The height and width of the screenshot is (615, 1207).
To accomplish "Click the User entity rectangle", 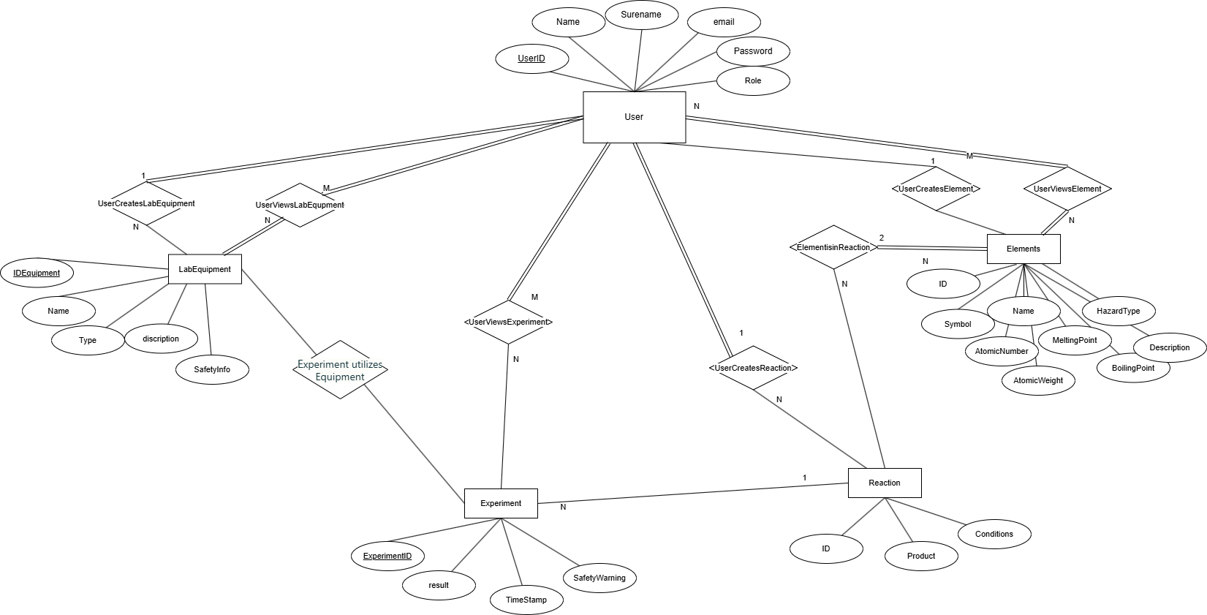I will [x=634, y=117].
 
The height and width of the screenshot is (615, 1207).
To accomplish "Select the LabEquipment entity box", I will [x=205, y=269].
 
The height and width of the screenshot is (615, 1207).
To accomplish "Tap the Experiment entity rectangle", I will [x=501, y=503].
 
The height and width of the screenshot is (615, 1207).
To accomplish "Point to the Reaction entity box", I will [x=885, y=483].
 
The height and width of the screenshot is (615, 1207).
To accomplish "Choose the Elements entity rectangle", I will [x=1024, y=249].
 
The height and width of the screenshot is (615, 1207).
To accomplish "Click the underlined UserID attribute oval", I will [x=531, y=59].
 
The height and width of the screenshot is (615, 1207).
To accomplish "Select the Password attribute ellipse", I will [x=753, y=51].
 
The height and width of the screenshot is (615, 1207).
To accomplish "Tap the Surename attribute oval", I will [x=641, y=15].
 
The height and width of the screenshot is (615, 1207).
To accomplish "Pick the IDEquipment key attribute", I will [x=37, y=273].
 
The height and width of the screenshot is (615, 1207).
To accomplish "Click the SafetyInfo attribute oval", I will [x=212, y=369].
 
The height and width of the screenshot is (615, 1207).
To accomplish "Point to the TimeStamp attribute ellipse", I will [x=526, y=600].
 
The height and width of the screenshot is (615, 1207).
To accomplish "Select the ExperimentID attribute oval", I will [x=387, y=556].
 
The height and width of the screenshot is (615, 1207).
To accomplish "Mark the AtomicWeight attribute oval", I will [x=1038, y=380].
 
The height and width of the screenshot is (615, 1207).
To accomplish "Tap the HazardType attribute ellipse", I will [x=1119, y=311].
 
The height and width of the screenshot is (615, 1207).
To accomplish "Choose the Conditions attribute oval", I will [x=994, y=534].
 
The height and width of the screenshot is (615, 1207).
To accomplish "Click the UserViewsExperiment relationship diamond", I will [x=508, y=322].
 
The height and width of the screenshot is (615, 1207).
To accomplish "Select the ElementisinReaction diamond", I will [x=833, y=247].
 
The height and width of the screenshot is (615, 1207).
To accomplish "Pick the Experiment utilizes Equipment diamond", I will [x=340, y=370].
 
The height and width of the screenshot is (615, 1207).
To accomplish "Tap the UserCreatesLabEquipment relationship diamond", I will [x=146, y=203].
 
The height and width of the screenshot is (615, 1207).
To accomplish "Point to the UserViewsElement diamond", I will [x=1067, y=189].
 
